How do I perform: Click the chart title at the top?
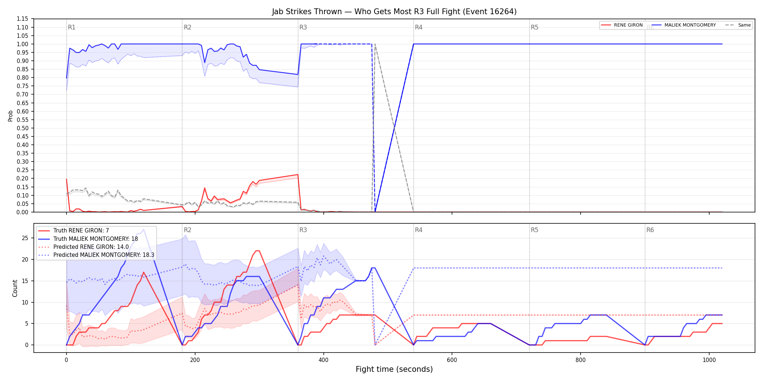point(394,12)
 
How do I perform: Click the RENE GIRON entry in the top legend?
point(622,25)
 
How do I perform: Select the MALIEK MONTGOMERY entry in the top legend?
point(684,25)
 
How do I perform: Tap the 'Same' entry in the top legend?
point(738,25)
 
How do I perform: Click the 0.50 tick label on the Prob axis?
point(22,128)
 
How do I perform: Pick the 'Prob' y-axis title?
point(11,116)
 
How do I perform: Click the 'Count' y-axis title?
point(15,288)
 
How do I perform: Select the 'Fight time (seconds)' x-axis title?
point(394,369)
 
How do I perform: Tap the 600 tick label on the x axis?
point(452,360)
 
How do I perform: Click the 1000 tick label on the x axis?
point(709,360)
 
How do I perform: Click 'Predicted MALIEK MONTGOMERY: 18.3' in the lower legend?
point(96,255)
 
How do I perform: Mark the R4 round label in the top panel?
point(419,27)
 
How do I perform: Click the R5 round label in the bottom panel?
point(534,230)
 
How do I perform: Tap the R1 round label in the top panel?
point(72,27)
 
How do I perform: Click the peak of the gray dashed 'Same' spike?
point(375,44)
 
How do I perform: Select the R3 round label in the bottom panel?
point(303,230)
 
